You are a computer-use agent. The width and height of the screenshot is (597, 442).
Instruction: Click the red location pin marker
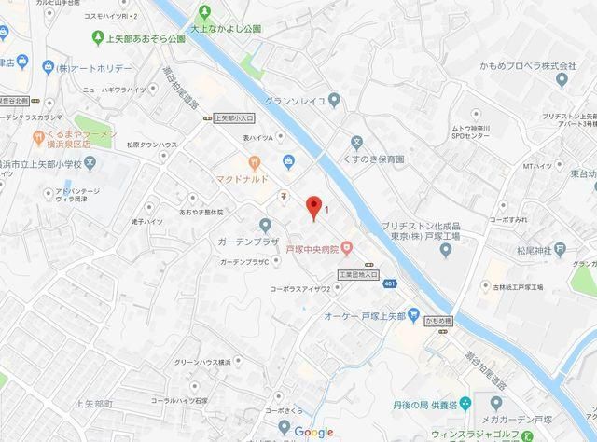pyautogui.click(x=314, y=207)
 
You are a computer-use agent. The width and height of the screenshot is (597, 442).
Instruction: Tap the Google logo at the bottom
pyautogui.click(x=314, y=432)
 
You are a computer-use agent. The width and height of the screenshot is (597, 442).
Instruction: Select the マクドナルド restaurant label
pyautogui.click(x=243, y=178)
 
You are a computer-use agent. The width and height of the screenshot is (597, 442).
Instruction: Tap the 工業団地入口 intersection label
pyautogui.click(x=358, y=274)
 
